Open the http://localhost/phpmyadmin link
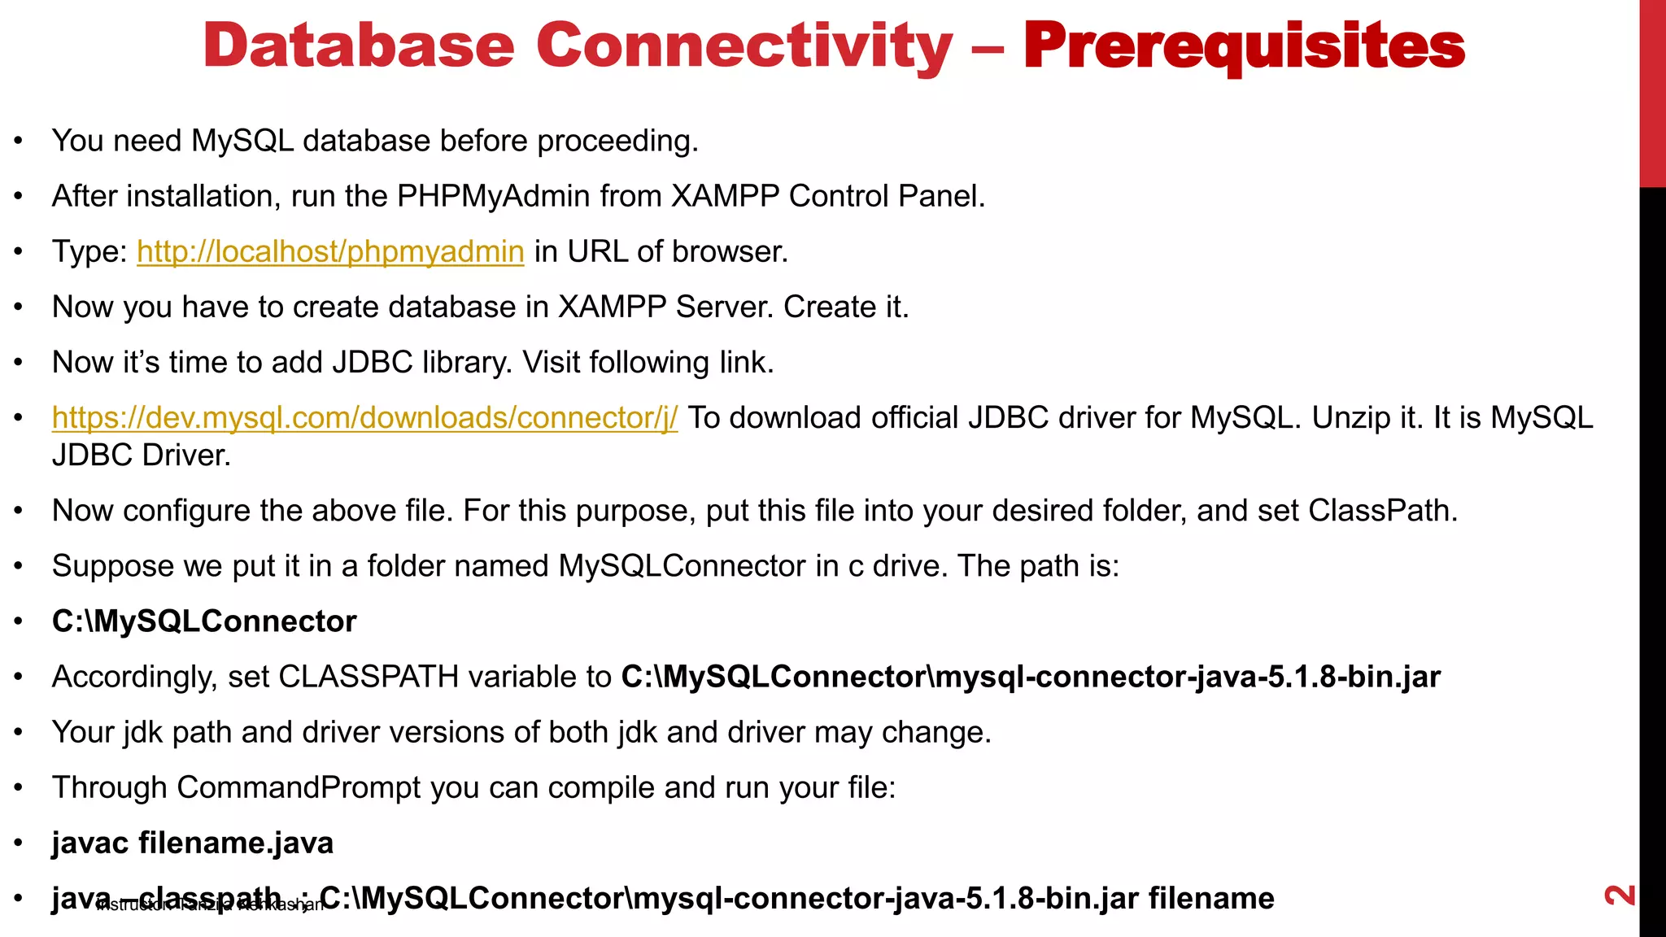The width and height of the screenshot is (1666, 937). [330, 251]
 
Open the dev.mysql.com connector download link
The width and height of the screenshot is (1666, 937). [364, 417]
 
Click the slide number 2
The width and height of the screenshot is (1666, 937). [1620, 895]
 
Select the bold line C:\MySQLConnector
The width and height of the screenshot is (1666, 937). [204, 621]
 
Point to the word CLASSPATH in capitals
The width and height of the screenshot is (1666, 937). [369, 677]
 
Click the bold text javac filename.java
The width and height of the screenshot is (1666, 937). [193, 843]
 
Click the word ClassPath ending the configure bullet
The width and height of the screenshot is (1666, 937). [1382, 511]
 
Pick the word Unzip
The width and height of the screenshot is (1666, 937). [1350, 417]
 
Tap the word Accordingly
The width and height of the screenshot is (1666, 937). [134, 677]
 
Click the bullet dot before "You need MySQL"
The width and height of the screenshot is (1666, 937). [19, 141]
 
